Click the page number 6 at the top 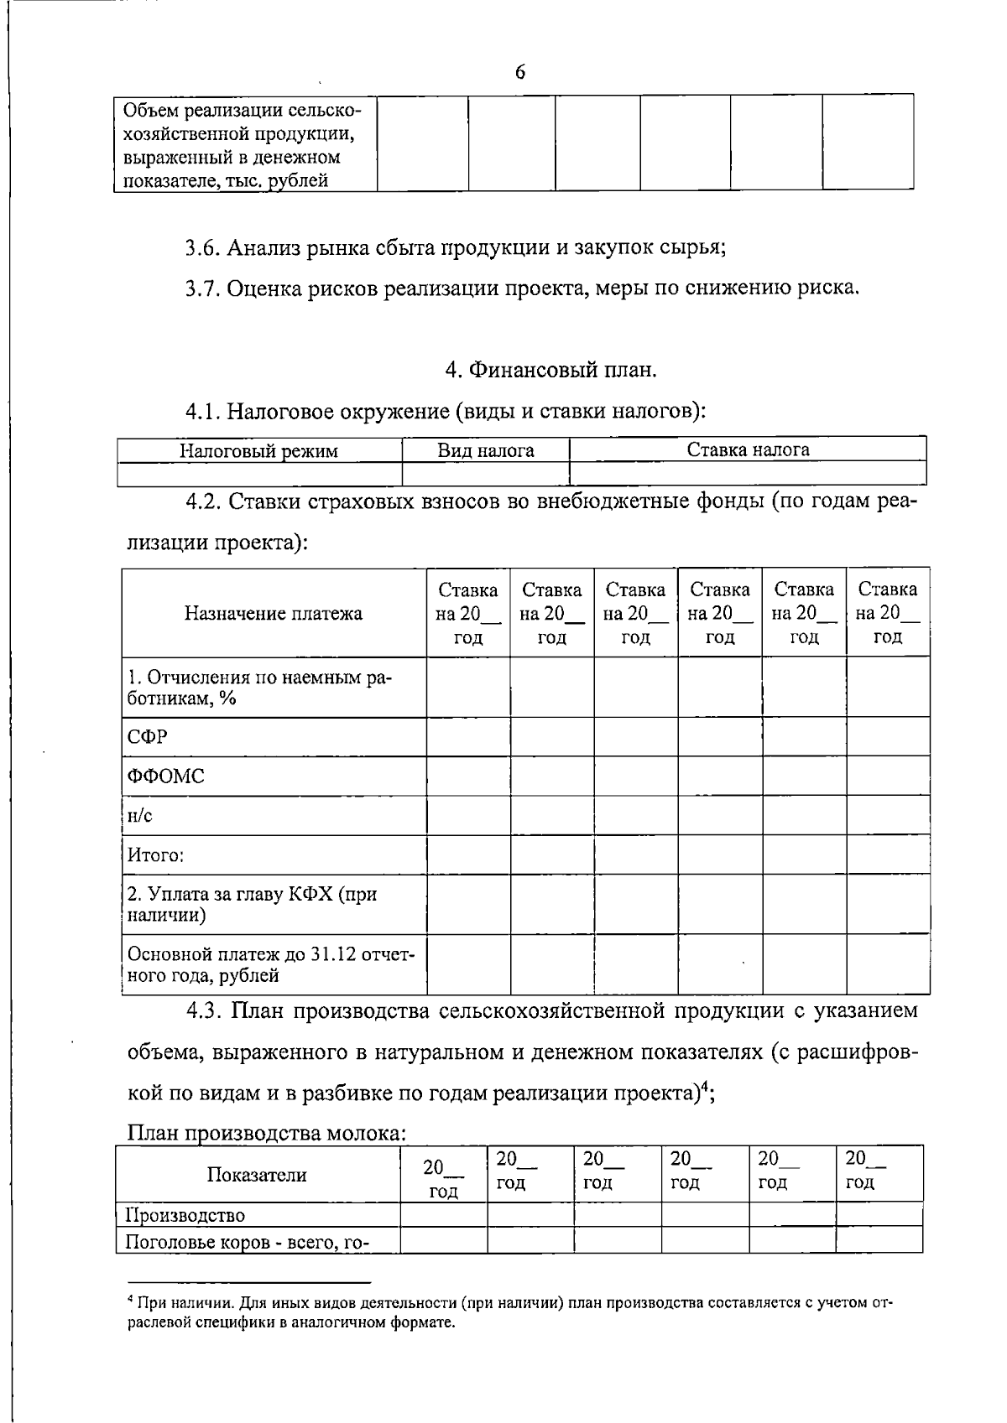519,73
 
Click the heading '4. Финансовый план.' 551,369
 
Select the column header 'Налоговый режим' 258,451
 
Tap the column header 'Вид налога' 485,451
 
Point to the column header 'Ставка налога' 748,450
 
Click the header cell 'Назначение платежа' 274,613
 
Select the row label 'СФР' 147,737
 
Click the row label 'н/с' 139,816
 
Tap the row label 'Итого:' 155,855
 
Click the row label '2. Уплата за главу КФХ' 252,904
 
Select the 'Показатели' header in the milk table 257,1175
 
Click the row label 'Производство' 185,1215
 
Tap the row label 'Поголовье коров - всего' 248,1242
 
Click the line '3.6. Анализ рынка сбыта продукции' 455,248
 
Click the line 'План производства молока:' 267,1134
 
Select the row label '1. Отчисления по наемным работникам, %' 260,688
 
